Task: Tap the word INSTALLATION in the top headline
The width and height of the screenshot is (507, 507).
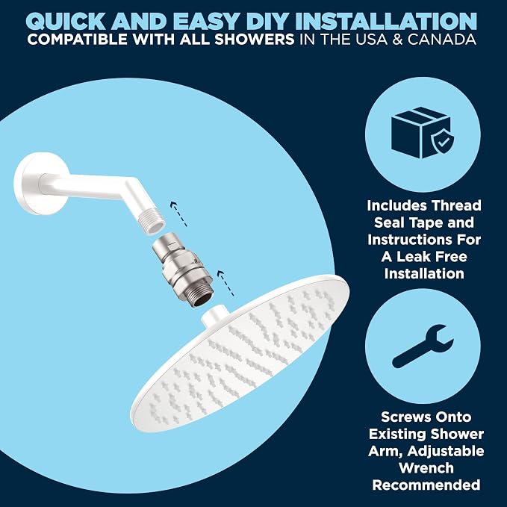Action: pos(386,22)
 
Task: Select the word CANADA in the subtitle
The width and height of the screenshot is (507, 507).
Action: pos(442,40)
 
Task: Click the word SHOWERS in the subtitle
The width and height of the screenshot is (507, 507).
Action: pos(255,40)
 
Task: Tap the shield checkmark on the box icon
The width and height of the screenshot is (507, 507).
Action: pos(443,141)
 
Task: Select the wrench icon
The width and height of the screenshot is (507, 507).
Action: pos(423,346)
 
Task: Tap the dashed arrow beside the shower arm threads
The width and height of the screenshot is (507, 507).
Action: pos(178,214)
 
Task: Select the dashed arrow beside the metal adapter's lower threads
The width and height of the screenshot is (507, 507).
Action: pos(225,283)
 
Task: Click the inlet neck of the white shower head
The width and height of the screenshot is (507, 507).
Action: pos(215,315)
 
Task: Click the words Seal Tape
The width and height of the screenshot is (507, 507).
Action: pos(424,223)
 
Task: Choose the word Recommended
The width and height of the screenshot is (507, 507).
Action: pos(426,485)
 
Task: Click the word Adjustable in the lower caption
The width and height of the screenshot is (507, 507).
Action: pos(445,452)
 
